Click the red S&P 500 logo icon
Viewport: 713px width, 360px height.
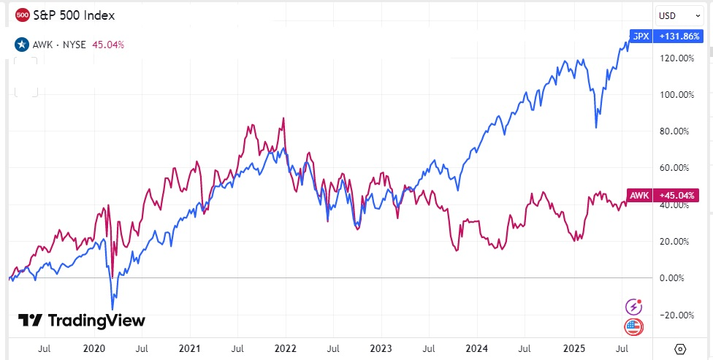point(22,15)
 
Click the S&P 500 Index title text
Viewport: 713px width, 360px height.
point(74,15)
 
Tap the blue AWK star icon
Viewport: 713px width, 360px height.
point(22,44)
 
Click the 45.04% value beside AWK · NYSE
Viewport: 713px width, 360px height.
point(108,44)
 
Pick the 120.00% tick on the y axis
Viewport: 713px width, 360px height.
point(676,58)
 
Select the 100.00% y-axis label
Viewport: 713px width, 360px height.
point(676,94)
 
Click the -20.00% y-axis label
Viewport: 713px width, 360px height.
point(676,315)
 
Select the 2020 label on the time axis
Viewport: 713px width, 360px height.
point(94,348)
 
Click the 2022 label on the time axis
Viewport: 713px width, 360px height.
point(285,348)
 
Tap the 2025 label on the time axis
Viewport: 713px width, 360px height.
point(572,348)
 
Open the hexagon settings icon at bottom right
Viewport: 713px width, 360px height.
point(681,348)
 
